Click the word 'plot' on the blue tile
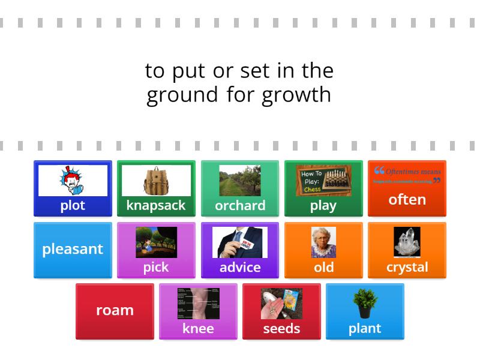tap(73, 205)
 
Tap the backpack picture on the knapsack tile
tap(156, 180)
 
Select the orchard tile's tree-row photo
tap(240, 181)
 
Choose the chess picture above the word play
tap(323, 181)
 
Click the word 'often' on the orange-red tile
tap(407, 199)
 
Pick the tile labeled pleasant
tap(73, 249)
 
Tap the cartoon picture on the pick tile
tap(156, 242)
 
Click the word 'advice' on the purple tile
tap(240, 267)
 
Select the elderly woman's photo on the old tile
tap(323, 242)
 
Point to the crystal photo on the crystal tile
tap(407, 242)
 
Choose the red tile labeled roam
tap(115, 310)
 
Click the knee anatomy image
tap(198, 304)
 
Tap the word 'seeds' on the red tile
tap(281, 328)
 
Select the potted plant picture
tap(365, 304)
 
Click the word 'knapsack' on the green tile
tap(156, 205)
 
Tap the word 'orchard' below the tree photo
tap(240, 205)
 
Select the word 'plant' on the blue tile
tap(365, 328)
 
